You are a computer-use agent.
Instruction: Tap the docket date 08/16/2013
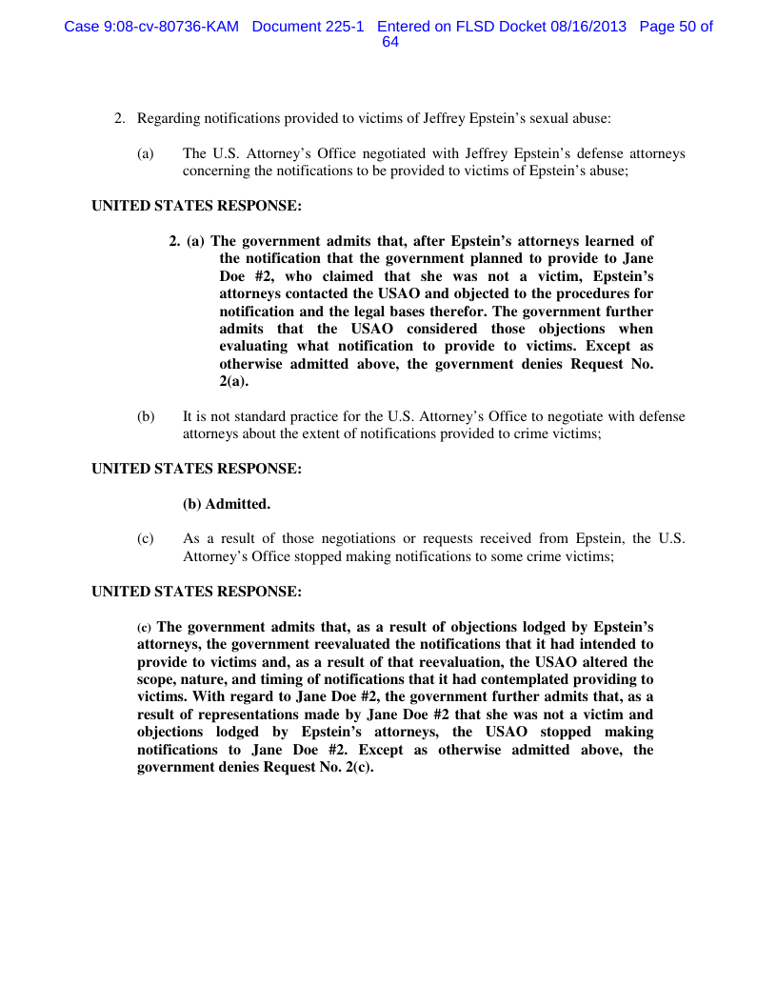click(588, 27)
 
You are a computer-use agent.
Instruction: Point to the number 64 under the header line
click(389, 43)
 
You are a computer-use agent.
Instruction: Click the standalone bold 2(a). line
click(234, 381)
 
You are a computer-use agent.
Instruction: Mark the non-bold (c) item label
click(146, 538)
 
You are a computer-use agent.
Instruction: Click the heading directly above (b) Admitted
click(196, 469)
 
